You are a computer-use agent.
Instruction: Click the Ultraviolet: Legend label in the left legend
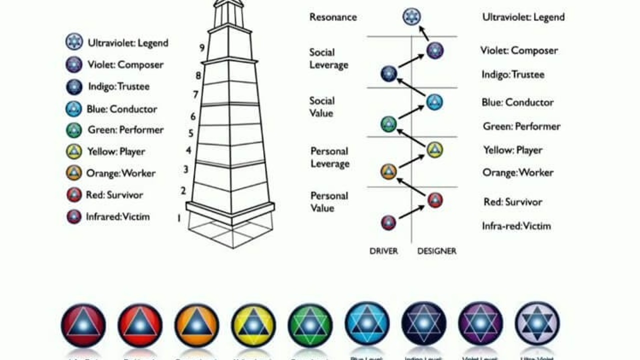(128, 43)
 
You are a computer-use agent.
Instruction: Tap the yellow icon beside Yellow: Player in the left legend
(74, 151)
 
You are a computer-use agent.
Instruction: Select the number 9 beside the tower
(202, 48)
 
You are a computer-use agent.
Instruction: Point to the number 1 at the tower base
(178, 218)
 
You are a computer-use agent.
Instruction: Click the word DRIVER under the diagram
(383, 251)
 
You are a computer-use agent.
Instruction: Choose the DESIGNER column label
(436, 251)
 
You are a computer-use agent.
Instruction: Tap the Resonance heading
(333, 17)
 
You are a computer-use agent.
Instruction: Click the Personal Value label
(329, 201)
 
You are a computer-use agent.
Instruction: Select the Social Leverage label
(328, 58)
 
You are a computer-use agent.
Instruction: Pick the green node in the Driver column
(388, 124)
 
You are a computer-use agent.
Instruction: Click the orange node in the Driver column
(388, 172)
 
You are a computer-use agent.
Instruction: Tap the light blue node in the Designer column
(434, 102)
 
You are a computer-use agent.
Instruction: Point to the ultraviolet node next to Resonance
(411, 16)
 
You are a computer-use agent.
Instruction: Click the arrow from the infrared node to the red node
(411, 212)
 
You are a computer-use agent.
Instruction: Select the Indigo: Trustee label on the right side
(513, 74)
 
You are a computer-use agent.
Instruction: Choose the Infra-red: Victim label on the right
(516, 226)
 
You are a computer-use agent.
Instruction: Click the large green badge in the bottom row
(310, 325)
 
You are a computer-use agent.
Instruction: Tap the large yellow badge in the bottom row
(253, 325)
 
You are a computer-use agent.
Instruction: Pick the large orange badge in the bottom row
(196, 325)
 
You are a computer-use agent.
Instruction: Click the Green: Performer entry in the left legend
(125, 130)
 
